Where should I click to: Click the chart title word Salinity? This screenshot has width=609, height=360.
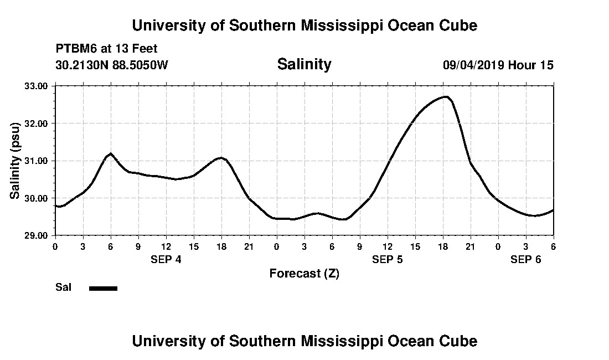tap(304, 64)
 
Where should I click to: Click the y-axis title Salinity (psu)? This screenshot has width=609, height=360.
tap(16, 161)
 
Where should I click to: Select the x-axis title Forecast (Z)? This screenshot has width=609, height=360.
tap(304, 273)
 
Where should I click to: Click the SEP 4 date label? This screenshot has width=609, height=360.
tap(166, 259)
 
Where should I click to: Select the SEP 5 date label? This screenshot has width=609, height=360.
tap(388, 259)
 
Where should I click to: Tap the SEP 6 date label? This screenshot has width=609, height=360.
tap(525, 259)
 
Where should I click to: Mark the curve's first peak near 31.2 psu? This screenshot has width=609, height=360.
tap(111, 153)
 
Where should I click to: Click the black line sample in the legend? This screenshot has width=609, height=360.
tap(103, 288)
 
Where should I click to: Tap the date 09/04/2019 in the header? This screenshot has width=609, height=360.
tap(473, 65)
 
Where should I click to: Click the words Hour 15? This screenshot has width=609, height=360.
tap(531, 65)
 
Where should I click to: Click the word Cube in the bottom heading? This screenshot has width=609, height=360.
tap(459, 341)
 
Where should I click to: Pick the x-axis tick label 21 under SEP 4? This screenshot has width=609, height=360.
tap(249, 246)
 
